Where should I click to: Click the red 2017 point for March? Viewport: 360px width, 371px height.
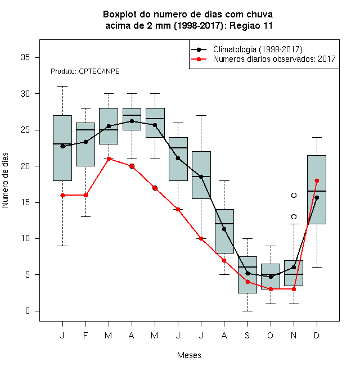tap(109, 159)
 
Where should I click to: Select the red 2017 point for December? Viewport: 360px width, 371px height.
tap(317, 181)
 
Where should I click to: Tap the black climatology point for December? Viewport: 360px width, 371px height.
tap(317, 197)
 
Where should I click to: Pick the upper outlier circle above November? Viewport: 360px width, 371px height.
tap(294, 195)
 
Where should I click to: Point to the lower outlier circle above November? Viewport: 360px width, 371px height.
tap(294, 217)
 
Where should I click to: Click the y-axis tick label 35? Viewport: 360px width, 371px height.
tap(25, 57)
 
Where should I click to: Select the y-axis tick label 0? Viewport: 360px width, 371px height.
tap(28, 311)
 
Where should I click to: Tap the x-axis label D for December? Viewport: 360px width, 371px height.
tap(317, 336)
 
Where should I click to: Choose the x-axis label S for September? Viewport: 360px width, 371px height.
tap(247, 336)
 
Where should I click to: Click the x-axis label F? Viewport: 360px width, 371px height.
tap(85, 336)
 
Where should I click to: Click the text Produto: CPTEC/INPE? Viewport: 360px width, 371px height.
tap(85, 71)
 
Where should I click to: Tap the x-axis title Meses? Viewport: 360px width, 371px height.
tap(189, 355)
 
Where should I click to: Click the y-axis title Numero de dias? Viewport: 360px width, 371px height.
tap(5, 180)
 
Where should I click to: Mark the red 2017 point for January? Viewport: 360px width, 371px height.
tap(62, 195)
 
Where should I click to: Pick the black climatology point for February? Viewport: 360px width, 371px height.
tap(85, 142)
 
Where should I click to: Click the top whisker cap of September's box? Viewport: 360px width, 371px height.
tap(247, 238)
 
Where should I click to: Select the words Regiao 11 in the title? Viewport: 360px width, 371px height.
tap(251, 25)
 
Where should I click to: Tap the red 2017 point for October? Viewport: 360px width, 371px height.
tap(271, 289)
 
